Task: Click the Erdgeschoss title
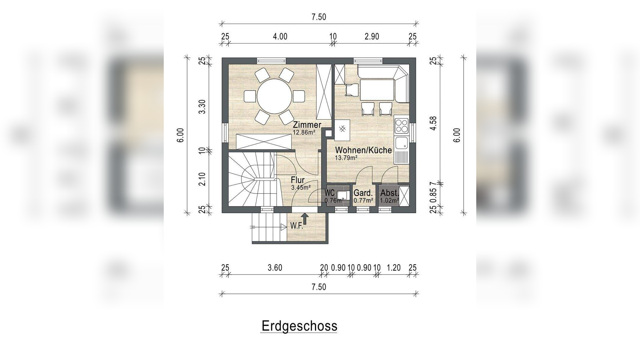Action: (x=299, y=326)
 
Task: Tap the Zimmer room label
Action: (x=307, y=125)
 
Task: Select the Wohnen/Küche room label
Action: (x=363, y=150)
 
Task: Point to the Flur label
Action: (x=298, y=180)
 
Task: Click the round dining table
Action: (x=274, y=96)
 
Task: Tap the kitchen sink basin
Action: (x=401, y=144)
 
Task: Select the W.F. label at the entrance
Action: (x=297, y=226)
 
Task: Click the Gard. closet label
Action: (x=363, y=193)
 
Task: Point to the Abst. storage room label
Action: (x=390, y=193)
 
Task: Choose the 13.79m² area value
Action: (x=346, y=158)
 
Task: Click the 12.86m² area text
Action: (x=304, y=132)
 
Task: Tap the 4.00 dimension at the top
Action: (x=280, y=37)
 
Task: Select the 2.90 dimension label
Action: (x=372, y=37)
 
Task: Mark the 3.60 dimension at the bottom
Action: (x=275, y=268)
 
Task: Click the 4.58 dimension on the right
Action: (x=433, y=123)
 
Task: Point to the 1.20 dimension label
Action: (x=393, y=268)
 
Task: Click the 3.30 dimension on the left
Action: (x=203, y=107)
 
